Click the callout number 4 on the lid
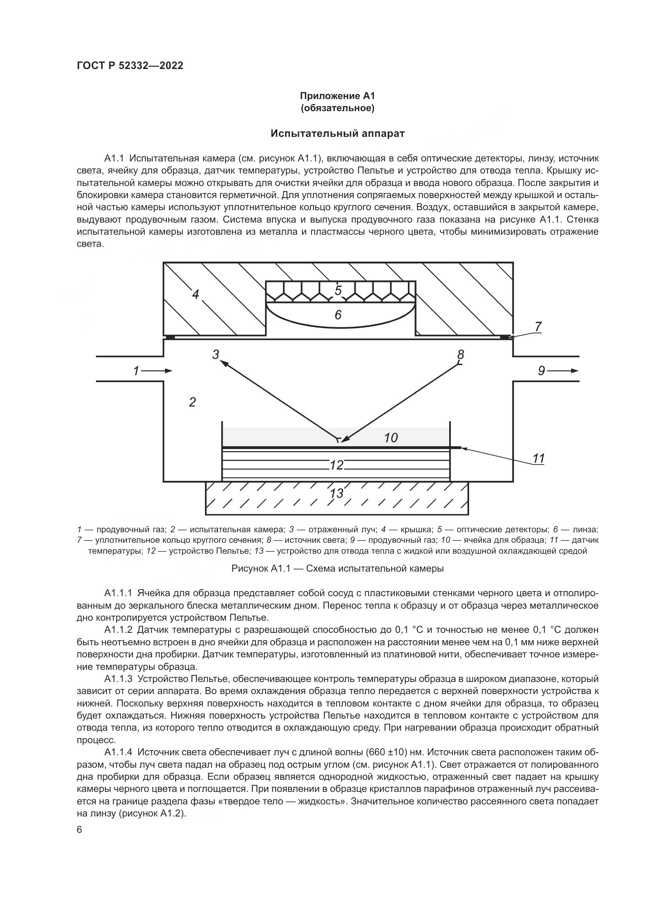pos(195,294)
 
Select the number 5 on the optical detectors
pos(338,291)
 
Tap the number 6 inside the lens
pos(338,315)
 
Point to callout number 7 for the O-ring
pos(538,326)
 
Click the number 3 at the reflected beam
pos(216,354)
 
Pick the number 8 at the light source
pos(461,354)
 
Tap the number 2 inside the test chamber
pos(193,402)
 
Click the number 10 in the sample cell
pos(391,438)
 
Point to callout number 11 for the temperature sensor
pos(539,459)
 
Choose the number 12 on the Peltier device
pos(337,465)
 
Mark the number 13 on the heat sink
pos(337,493)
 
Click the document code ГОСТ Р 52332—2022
pos(130,66)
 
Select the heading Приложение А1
pos(338,96)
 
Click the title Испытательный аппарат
pos(338,133)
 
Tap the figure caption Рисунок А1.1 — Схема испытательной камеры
pos(338,568)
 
